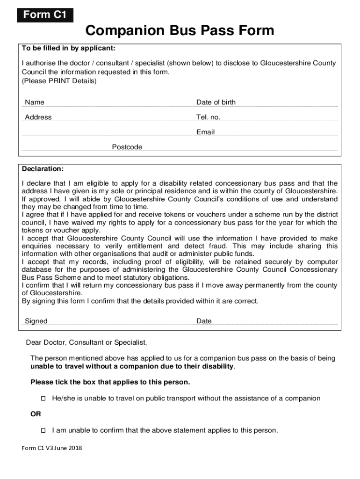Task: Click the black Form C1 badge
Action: click(45, 15)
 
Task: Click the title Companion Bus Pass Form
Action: click(180, 31)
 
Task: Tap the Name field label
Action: click(35, 102)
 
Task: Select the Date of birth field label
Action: click(216, 102)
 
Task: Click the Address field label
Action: click(38, 117)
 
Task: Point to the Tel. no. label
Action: click(208, 117)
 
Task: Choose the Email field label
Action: click(205, 132)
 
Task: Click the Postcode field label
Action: click(127, 147)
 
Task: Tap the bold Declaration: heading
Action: click(43, 168)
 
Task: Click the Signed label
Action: click(36, 321)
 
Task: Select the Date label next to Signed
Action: click(204, 321)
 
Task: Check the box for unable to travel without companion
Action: click(43, 399)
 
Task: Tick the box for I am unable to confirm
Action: click(43, 430)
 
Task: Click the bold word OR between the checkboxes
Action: click(36, 414)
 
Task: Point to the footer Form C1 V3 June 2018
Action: click(52, 449)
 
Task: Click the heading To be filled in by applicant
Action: click(68, 48)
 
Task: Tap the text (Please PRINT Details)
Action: click(59, 81)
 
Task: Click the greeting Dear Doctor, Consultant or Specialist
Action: click(86, 343)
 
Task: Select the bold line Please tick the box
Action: click(110, 382)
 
